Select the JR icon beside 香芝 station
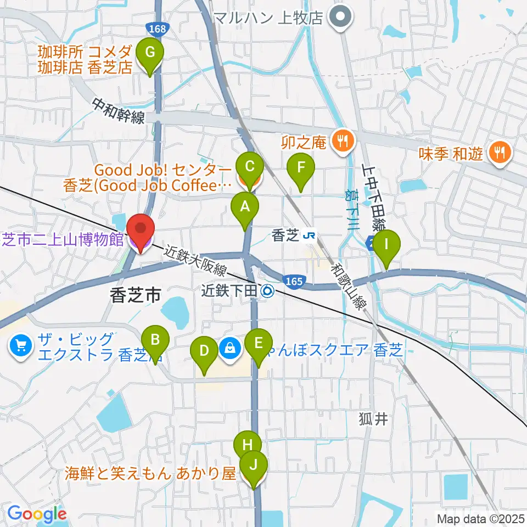[x=309, y=236]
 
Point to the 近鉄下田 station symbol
[x=267, y=291]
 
